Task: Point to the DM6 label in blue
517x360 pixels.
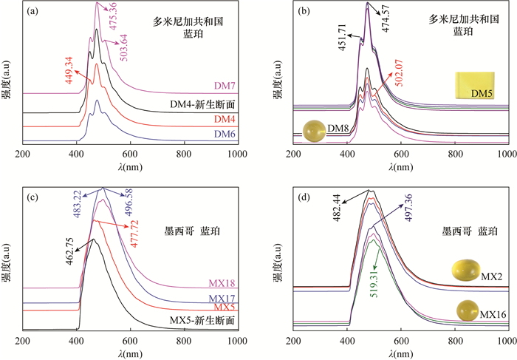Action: click(x=225, y=134)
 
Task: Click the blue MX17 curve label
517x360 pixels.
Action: click(x=222, y=296)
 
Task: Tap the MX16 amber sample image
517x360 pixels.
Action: click(x=467, y=310)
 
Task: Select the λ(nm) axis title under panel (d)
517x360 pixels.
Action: click(x=402, y=352)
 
